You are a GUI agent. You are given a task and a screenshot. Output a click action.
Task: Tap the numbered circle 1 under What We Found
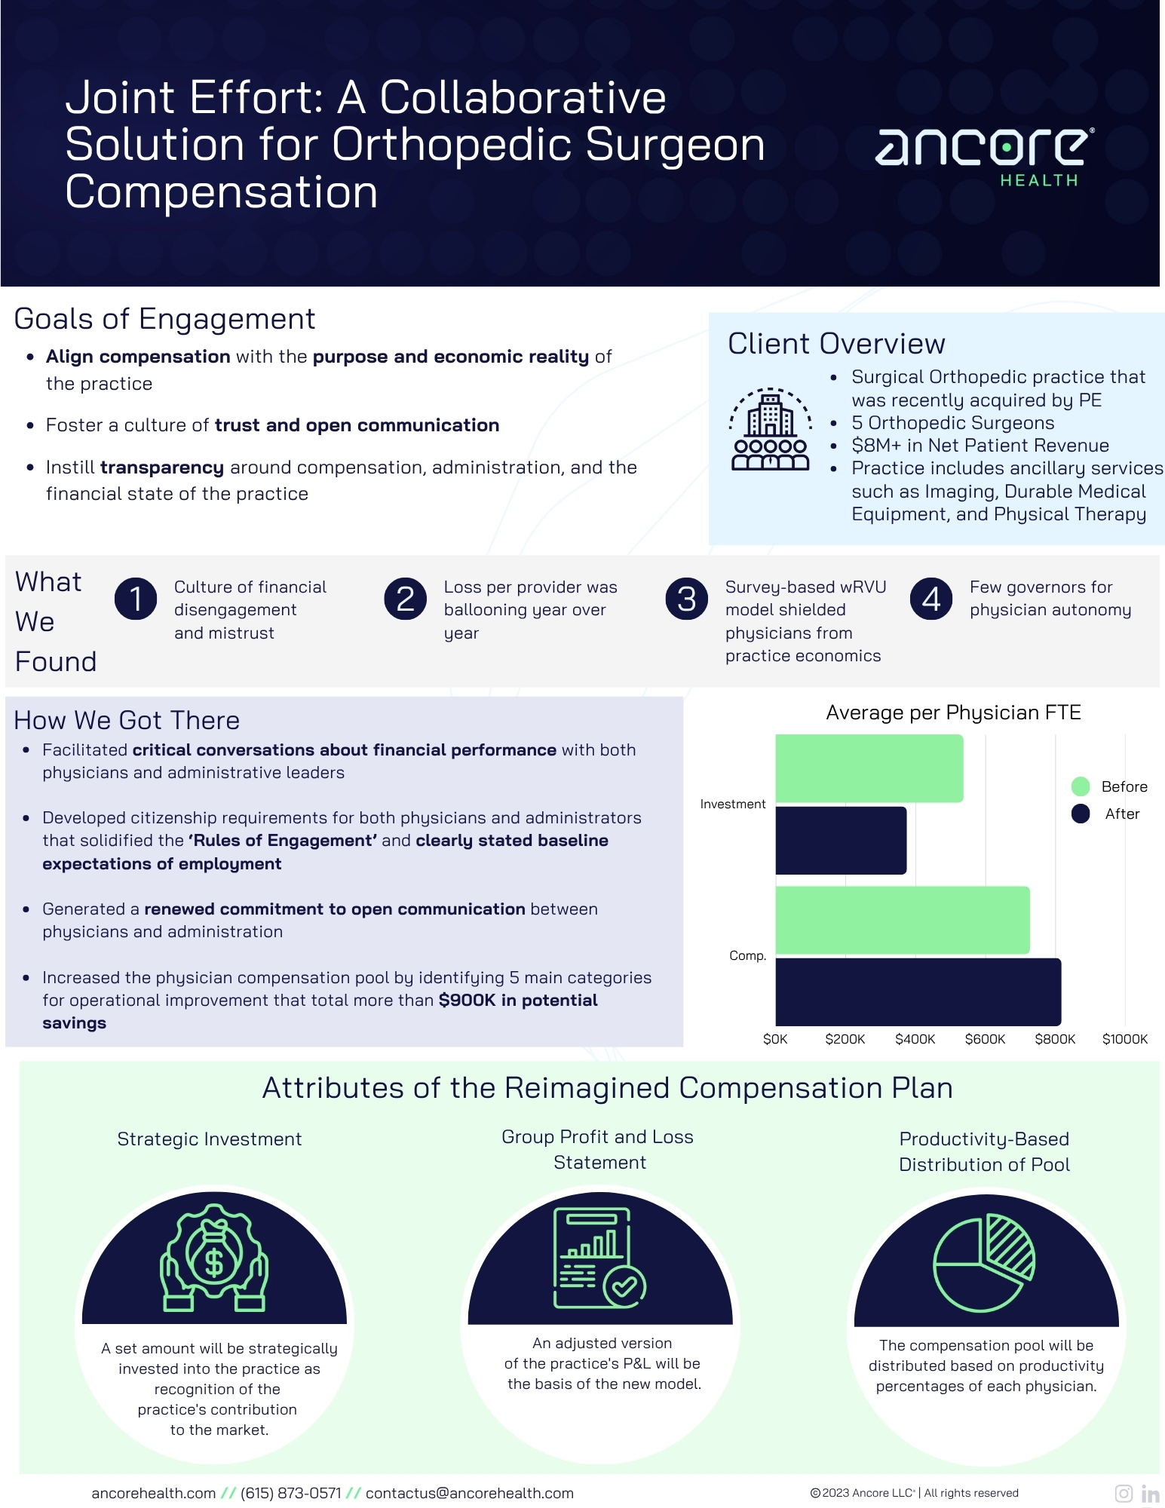tap(136, 599)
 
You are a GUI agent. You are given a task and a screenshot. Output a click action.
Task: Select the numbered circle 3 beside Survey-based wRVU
tap(686, 599)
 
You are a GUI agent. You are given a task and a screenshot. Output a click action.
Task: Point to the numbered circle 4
tap(931, 599)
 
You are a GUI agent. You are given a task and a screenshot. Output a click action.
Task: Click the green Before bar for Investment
tap(869, 768)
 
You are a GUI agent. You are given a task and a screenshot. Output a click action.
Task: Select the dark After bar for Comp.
tap(918, 992)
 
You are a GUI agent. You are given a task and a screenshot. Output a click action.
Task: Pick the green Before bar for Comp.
tap(902, 920)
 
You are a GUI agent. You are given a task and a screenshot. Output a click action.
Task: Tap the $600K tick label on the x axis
tap(985, 1039)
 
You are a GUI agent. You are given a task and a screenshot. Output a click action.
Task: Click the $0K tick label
tap(775, 1039)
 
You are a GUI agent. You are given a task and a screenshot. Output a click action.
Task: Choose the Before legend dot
tap(1081, 786)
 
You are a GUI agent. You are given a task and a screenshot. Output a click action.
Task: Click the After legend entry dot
tap(1081, 814)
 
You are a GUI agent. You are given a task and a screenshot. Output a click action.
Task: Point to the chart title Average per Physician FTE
tap(953, 713)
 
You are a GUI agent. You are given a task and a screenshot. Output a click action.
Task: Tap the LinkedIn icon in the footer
tap(1150, 1494)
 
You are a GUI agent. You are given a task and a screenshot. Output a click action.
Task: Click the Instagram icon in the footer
tap(1124, 1494)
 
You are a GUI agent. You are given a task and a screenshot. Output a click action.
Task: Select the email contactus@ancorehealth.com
tap(469, 1493)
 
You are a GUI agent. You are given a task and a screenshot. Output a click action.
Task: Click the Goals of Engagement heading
tap(164, 319)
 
